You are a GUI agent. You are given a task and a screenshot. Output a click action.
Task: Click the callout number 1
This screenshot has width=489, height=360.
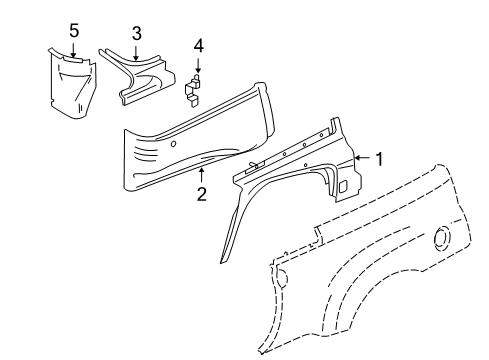379,157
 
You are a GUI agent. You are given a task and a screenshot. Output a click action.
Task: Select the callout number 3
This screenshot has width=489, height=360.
136,33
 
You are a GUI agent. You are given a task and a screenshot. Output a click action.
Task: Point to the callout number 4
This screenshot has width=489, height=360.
198,45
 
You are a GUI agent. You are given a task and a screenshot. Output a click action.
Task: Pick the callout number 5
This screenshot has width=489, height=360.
74,30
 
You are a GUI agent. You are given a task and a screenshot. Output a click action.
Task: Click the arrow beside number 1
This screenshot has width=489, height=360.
362,157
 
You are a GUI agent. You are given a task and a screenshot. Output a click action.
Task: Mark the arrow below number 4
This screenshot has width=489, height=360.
198,64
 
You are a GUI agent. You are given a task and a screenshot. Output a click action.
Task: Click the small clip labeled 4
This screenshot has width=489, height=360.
196,86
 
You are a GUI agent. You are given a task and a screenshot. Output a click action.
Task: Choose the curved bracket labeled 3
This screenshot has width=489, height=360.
140,75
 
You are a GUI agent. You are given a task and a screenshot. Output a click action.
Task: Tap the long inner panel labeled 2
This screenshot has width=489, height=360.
190,140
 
